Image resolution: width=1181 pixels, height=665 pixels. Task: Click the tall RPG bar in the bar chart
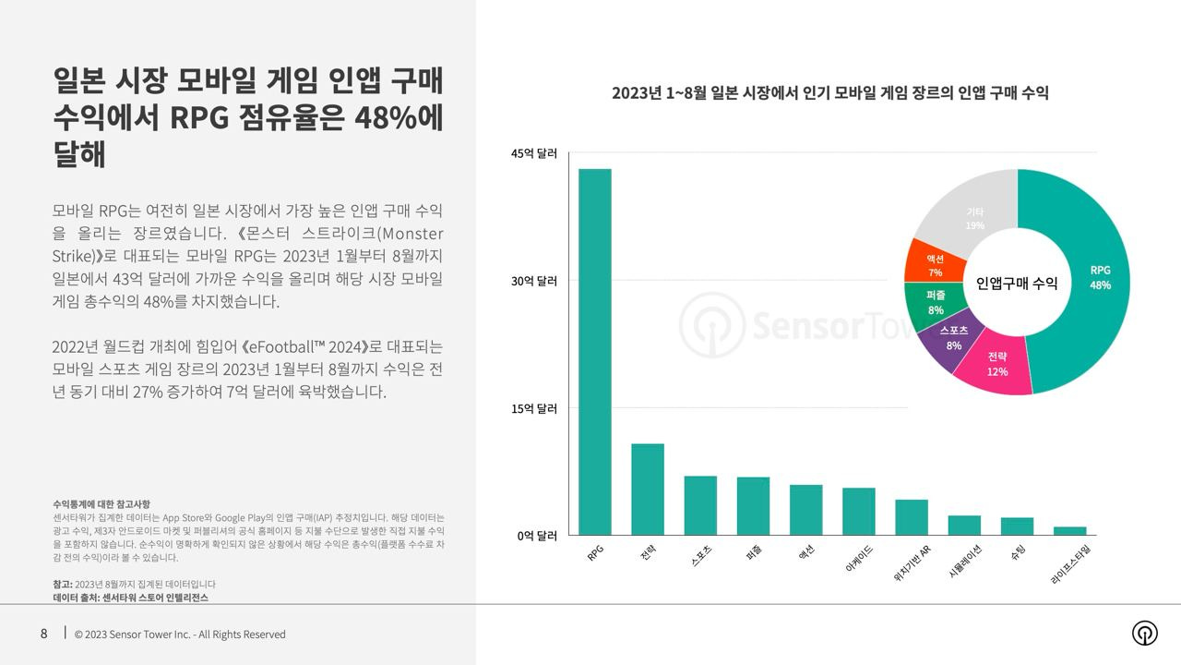594,351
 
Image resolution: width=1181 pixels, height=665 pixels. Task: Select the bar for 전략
648,490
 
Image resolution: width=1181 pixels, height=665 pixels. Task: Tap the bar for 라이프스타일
1070,531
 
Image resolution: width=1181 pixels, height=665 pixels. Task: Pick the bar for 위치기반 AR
912,517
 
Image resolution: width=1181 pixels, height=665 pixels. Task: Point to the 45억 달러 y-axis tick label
535,154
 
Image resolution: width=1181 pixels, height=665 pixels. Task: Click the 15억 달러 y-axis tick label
535,408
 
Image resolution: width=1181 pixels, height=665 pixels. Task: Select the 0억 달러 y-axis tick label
535,536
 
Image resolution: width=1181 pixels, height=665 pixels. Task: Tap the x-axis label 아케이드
859,560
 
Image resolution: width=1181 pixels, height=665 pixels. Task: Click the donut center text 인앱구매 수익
1017,284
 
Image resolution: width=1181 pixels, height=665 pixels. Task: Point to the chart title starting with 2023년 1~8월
829,93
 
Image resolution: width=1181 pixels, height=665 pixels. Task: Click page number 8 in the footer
43,634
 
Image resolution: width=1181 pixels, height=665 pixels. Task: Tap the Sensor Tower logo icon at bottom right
1145,633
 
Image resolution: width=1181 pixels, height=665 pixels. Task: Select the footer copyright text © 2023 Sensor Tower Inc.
180,635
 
